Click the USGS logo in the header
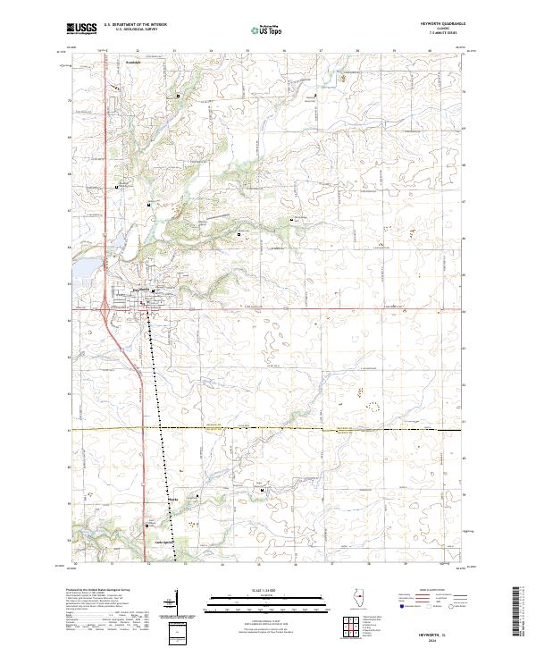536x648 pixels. [x=81, y=29]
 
